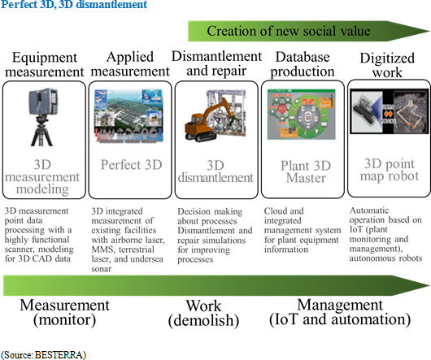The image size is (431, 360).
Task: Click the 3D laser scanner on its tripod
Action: (x=42, y=117)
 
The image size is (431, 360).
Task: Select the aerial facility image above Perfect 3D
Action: (x=128, y=116)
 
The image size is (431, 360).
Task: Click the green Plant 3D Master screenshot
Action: (x=301, y=114)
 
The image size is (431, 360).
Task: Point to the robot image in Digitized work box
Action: (x=390, y=111)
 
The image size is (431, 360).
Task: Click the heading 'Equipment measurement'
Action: (x=45, y=65)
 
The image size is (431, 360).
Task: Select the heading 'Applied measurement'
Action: (x=130, y=64)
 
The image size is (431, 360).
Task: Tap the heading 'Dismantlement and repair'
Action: (x=216, y=63)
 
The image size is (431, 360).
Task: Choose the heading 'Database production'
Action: (x=303, y=64)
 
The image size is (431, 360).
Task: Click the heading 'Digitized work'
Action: (x=387, y=65)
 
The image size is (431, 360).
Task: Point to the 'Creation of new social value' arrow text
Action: (x=289, y=31)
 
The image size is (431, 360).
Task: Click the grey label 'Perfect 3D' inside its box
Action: (x=132, y=165)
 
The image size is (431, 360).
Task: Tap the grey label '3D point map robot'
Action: (x=390, y=170)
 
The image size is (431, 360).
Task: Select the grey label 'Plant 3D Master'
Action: (x=306, y=172)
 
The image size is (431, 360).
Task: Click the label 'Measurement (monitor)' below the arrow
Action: (x=64, y=313)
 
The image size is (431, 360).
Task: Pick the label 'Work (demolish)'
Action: (x=203, y=314)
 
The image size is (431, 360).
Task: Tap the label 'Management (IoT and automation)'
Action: (x=340, y=312)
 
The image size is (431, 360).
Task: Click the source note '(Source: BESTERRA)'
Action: (x=43, y=354)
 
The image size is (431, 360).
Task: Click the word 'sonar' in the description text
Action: (x=102, y=269)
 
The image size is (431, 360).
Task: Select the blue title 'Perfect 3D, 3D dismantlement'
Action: (x=74, y=4)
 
